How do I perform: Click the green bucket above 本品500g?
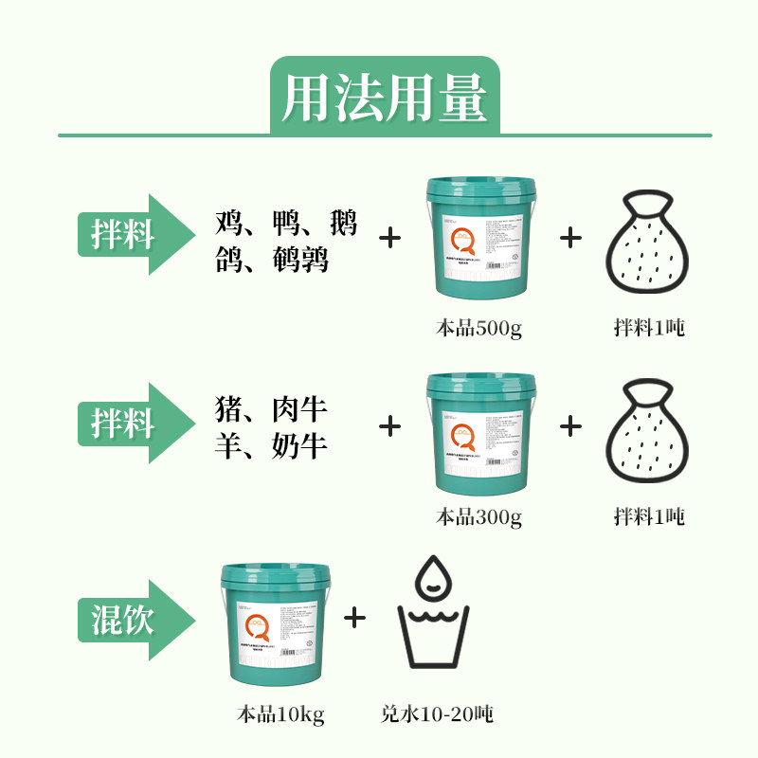(479, 241)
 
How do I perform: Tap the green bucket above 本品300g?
(479, 431)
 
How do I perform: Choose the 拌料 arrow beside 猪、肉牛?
(129, 424)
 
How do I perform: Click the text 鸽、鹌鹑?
(272, 258)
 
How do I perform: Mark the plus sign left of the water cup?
(354, 618)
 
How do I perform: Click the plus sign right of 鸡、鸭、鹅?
(389, 237)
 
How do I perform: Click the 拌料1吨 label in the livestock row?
(649, 517)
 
